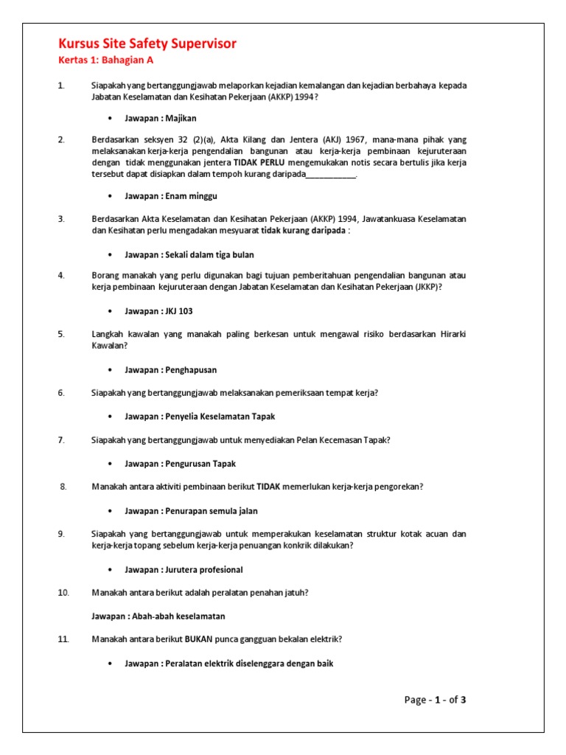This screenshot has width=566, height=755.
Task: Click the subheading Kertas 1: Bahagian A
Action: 106,61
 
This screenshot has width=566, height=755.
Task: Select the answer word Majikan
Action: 181,118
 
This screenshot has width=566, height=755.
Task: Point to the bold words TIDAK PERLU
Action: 259,162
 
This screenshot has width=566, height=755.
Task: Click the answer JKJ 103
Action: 179,311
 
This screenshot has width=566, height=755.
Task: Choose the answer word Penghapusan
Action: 191,370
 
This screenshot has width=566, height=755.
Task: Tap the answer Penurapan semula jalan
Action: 212,511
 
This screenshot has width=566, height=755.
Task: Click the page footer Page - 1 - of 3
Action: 435,700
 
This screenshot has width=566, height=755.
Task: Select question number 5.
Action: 61,334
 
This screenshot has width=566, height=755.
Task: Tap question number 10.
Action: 63,592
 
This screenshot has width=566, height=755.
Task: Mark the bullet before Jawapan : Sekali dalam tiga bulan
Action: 110,255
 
